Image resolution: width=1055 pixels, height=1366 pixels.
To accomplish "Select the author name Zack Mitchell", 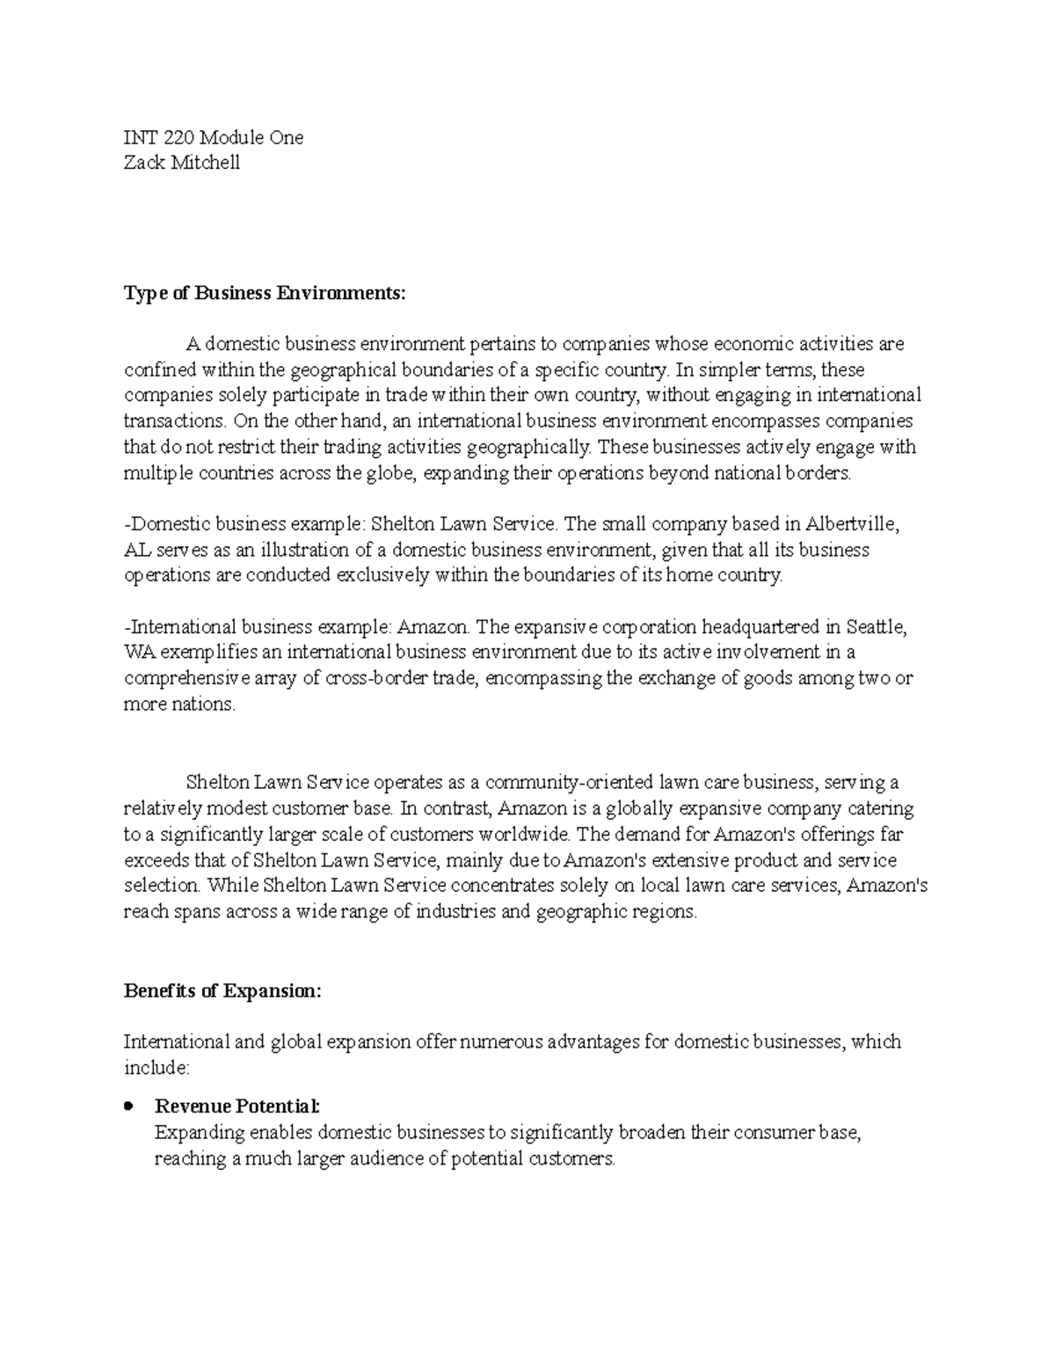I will pyautogui.click(x=182, y=163).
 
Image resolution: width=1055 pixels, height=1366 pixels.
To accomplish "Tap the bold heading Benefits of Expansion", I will pyautogui.click(x=223, y=990).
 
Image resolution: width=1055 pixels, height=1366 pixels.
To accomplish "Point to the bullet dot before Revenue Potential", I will pyautogui.click(x=129, y=1106).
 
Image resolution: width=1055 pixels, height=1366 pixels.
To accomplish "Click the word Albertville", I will pyautogui.click(x=854, y=524).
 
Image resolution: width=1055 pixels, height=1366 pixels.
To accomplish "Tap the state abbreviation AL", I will pyautogui.click(x=136, y=551).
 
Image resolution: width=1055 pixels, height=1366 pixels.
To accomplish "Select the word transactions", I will pyautogui.click(x=169, y=421).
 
